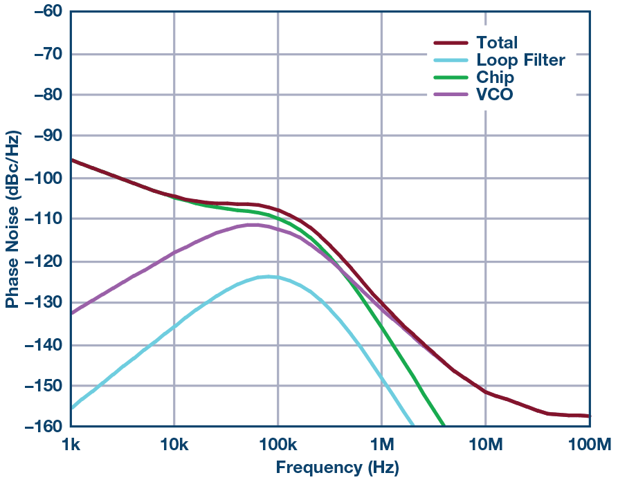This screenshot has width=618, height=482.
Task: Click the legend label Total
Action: click(496, 43)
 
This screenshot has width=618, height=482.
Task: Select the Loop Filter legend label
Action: click(520, 60)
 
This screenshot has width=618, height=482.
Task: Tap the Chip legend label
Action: click(495, 77)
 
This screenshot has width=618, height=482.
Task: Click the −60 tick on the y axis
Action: click(43, 12)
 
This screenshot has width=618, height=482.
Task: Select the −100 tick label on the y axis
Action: click(39, 178)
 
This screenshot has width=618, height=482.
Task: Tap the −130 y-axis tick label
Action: click(39, 303)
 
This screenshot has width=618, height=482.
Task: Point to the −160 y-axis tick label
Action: click(39, 427)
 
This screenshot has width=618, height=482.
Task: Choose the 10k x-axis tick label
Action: click(174, 444)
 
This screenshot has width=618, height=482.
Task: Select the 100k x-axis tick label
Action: click(278, 444)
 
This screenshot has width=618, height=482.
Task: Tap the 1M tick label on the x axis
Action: click(381, 444)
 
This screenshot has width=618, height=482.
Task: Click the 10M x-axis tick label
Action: click(485, 444)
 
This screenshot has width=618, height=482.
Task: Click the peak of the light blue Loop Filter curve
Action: click(266, 277)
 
